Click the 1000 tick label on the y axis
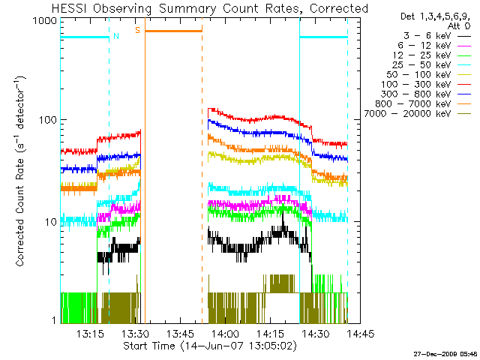tap(44, 21)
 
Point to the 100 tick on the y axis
tap(47, 120)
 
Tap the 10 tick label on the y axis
tap(50, 221)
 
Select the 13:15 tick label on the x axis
tap(89, 334)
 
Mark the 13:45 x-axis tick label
tap(180, 334)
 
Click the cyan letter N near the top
tap(115, 35)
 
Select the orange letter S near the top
tap(137, 30)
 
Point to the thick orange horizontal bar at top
tap(173, 31)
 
